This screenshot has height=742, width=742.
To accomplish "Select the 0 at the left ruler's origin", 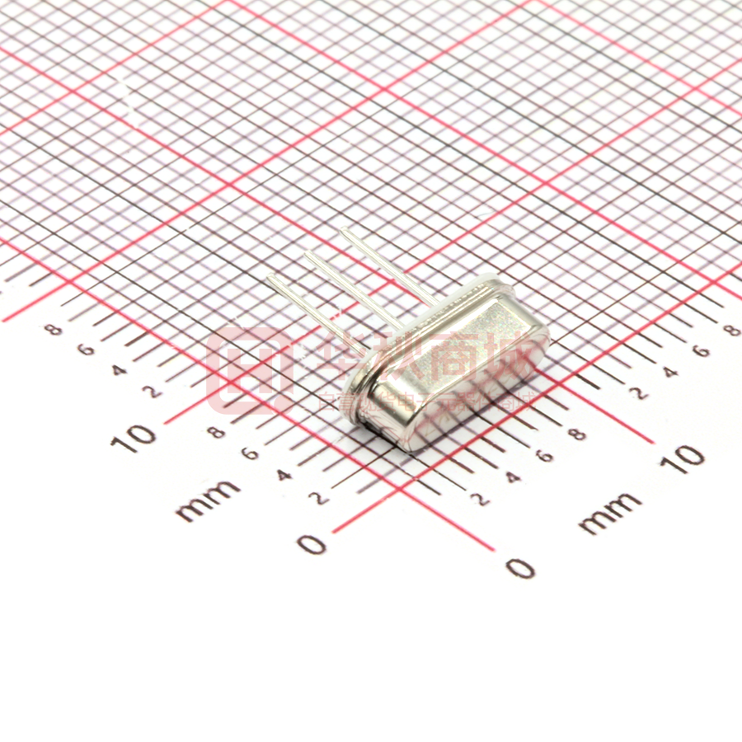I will [312, 544].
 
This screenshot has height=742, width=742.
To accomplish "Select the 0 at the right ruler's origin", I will [519, 567].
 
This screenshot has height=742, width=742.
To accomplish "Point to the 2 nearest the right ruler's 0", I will [478, 499].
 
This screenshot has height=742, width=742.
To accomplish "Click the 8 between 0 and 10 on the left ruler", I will [217, 432].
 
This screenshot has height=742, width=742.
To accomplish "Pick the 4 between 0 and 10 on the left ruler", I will [283, 475].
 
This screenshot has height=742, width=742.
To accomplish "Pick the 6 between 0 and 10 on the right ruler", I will [543, 455].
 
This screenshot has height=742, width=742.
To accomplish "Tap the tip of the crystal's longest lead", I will [343, 231].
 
